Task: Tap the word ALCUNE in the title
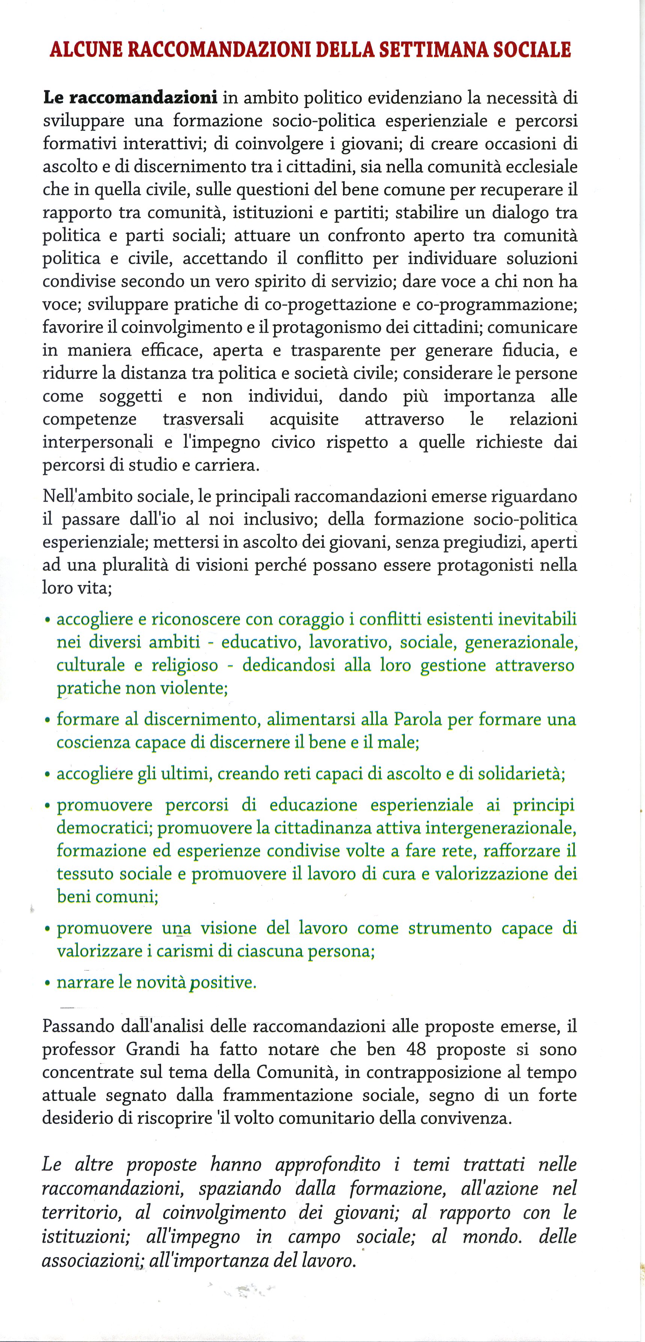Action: tap(84, 50)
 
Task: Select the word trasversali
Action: tap(203, 419)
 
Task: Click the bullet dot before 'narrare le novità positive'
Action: tap(47, 984)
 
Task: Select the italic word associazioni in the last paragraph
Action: tap(89, 1261)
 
